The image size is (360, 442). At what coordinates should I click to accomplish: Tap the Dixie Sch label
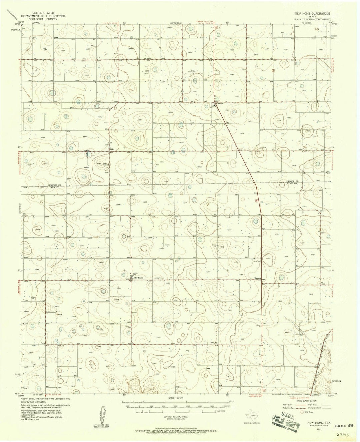point(213,343)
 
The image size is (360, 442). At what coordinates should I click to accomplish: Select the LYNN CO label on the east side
point(291,183)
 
